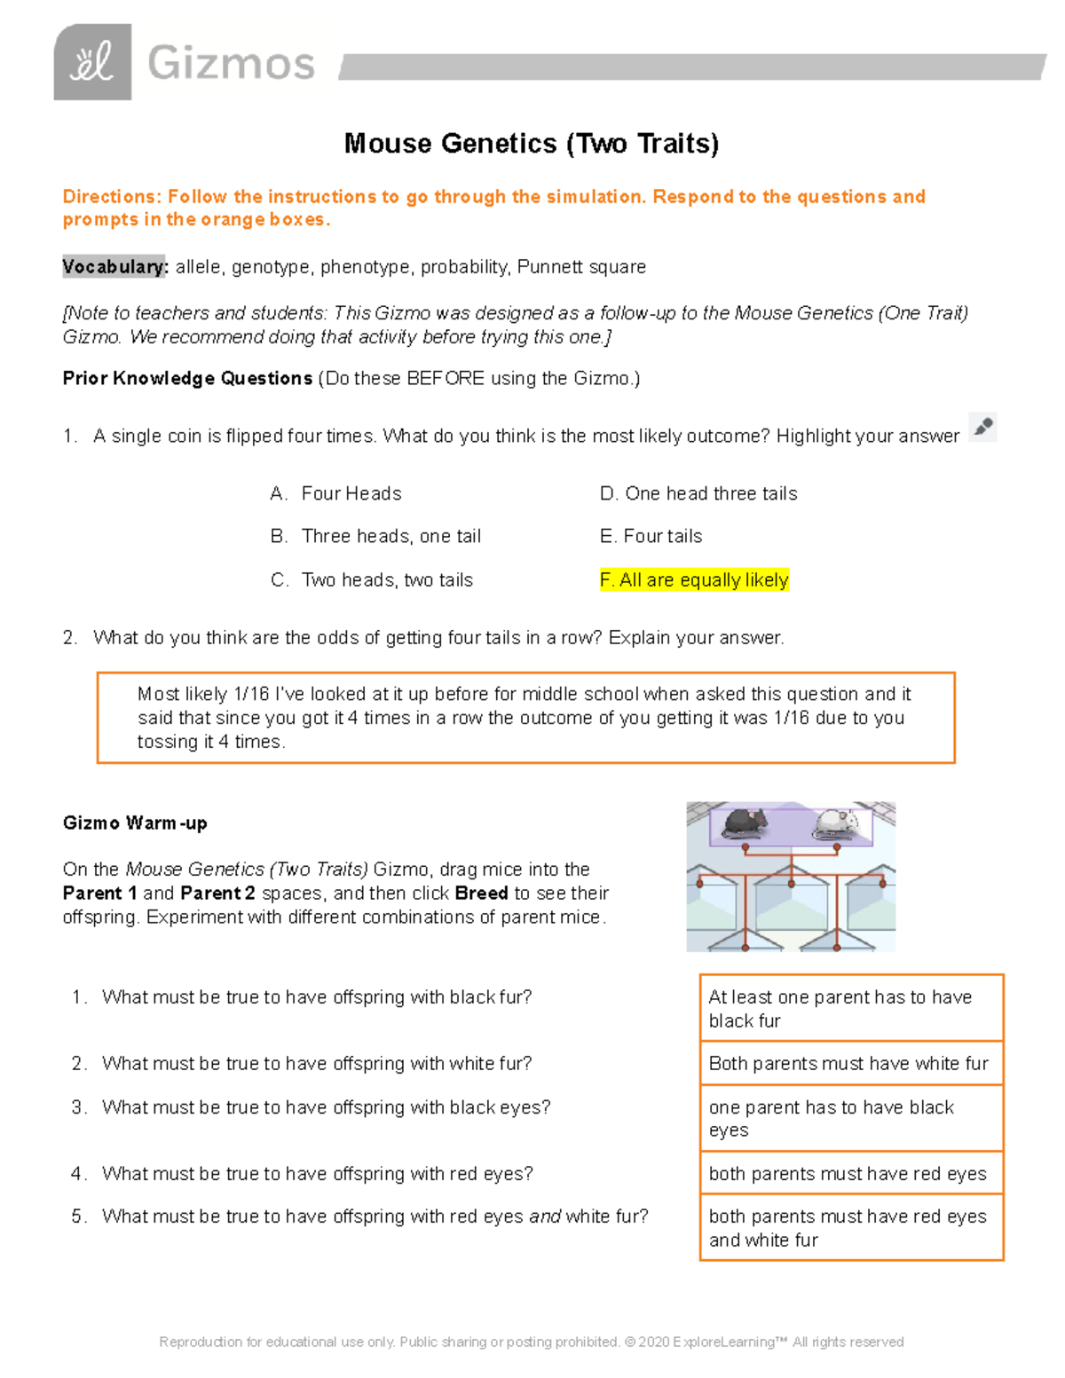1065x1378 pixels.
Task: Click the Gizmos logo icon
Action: (x=92, y=62)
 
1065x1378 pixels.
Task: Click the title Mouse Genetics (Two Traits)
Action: (x=531, y=144)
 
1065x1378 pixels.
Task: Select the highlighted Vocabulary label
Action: (x=114, y=267)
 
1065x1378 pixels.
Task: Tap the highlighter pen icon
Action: (x=982, y=428)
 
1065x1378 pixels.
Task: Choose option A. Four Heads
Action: (x=336, y=493)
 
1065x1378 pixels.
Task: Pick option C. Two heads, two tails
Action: (x=372, y=580)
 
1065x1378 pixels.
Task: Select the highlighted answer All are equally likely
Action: (x=694, y=580)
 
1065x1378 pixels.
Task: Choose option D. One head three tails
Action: (x=698, y=493)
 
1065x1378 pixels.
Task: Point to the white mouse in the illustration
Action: (x=835, y=823)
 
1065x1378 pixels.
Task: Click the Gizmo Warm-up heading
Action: (x=135, y=823)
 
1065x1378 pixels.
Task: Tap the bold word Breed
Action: (x=481, y=894)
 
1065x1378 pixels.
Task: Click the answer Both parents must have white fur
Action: (x=848, y=1064)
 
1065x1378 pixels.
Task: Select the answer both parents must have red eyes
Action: (x=848, y=1174)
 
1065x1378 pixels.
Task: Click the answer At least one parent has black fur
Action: (x=840, y=1009)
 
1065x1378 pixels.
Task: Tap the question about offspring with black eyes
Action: (x=326, y=1107)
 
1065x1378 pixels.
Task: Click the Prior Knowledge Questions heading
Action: (x=187, y=379)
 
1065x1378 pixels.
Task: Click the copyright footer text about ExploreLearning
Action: (x=531, y=1342)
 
